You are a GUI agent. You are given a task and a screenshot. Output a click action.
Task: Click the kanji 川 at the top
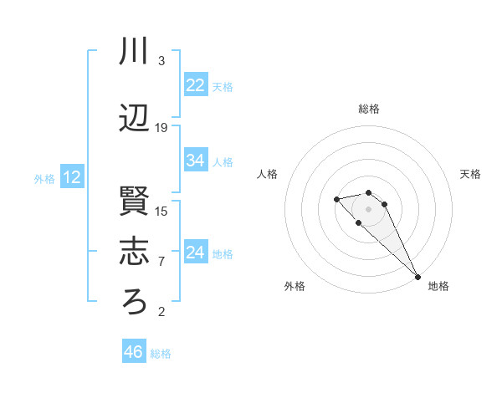135,52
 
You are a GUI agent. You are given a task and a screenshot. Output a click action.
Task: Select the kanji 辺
135,120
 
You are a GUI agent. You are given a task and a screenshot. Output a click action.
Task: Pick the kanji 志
135,252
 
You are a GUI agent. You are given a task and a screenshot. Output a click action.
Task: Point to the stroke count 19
161,128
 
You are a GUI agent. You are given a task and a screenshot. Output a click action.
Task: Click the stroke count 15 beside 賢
161,211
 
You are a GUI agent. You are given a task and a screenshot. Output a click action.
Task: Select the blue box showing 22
196,85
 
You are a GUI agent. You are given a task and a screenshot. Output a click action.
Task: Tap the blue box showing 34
196,161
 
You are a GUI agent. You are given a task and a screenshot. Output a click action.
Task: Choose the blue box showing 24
196,253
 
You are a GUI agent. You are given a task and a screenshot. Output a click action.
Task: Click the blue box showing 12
72,177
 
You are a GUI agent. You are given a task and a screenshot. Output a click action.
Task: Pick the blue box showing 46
134,352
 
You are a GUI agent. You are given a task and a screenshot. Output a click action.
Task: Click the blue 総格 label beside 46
161,354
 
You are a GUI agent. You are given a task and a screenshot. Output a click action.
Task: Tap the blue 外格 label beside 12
44,178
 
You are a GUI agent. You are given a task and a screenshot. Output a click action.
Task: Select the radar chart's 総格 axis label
369,109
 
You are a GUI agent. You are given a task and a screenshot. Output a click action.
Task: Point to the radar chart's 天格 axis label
470,174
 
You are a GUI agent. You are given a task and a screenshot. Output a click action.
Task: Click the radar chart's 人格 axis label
268,174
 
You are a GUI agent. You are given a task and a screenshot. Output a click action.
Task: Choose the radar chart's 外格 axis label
295,286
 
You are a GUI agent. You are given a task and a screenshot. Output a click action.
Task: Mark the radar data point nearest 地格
417,277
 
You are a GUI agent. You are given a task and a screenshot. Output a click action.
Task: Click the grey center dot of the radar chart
369,209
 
